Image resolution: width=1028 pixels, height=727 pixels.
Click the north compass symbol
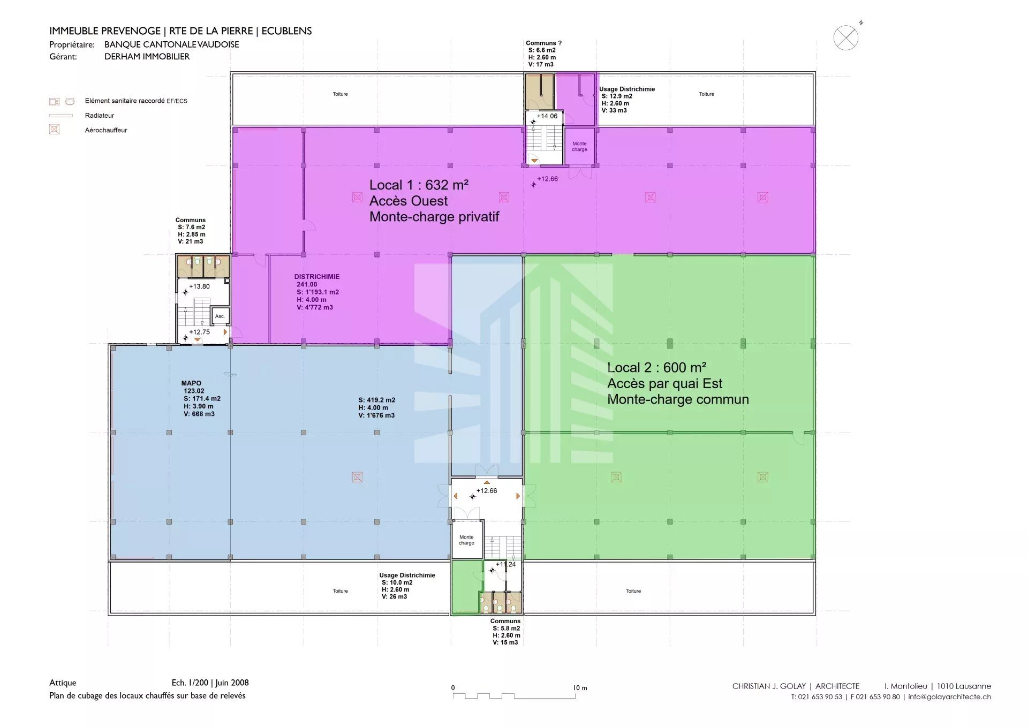pyautogui.click(x=846, y=37)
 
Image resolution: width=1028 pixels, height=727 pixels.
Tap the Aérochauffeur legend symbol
pyautogui.click(x=54, y=130)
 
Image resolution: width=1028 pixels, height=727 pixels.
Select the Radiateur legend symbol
pyautogui.click(x=61, y=115)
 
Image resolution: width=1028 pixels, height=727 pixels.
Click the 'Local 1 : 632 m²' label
pyautogui.click(x=419, y=185)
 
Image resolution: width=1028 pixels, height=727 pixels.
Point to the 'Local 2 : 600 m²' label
pyautogui.click(x=656, y=368)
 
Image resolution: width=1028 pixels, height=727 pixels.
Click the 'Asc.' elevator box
pyautogui.click(x=220, y=316)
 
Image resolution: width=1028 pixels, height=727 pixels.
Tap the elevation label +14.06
pyautogui.click(x=547, y=116)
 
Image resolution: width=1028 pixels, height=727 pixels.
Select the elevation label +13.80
pyautogui.click(x=200, y=286)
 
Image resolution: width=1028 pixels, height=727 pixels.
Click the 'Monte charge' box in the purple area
pyautogui.click(x=580, y=146)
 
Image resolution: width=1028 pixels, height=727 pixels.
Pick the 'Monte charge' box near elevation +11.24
pyautogui.click(x=467, y=540)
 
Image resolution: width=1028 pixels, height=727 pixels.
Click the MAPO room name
pyautogui.click(x=191, y=383)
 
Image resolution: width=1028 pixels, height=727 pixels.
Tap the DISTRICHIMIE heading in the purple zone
pyautogui.click(x=317, y=277)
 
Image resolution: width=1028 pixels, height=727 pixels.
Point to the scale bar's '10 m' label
pyautogui.click(x=580, y=688)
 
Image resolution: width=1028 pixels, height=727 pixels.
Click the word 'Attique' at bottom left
pyautogui.click(x=63, y=683)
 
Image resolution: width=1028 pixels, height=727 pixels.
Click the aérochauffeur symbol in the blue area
pyautogui.click(x=357, y=477)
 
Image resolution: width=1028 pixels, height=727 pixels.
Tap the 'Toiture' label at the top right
pyautogui.click(x=706, y=94)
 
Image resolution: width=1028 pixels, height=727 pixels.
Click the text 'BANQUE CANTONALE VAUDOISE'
pyautogui.click(x=172, y=44)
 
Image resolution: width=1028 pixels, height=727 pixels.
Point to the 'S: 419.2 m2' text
pyautogui.click(x=377, y=400)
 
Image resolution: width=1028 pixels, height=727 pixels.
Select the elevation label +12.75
pyautogui.click(x=200, y=332)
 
